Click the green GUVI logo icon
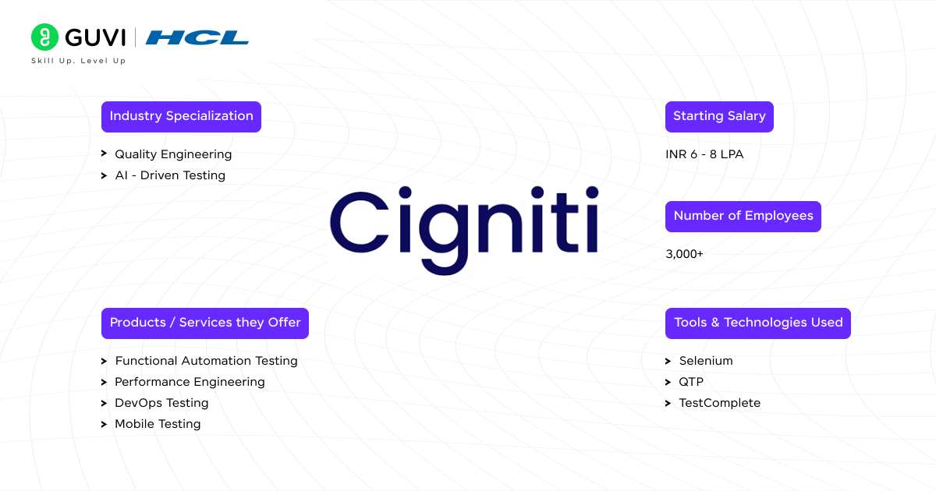44,37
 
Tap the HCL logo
197,37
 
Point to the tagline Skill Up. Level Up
78,61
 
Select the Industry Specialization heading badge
181,116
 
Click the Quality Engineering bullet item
172,154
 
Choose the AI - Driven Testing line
169,175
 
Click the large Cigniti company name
464,221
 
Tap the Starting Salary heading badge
718,116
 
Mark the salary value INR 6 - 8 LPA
704,154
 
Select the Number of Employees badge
743,216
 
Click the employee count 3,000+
684,254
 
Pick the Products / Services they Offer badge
204,323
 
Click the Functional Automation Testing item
206,361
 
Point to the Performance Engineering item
190,382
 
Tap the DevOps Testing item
161,403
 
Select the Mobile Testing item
158,424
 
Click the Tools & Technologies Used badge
757,323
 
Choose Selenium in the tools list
705,361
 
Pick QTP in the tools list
691,382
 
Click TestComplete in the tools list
719,403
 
